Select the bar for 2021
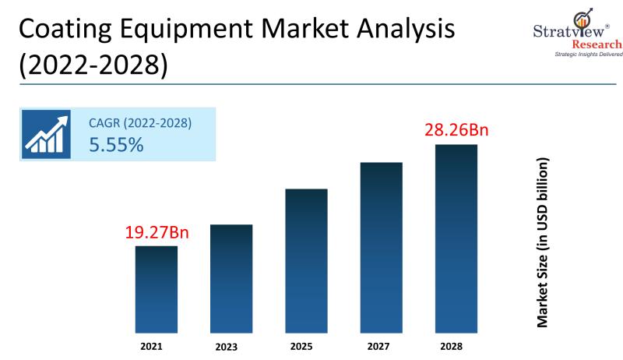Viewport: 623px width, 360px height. pyautogui.click(x=157, y=289)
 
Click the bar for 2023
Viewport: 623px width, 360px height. pyautogui.click(x=231, y=278)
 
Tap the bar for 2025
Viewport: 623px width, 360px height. pyautogui.click(x=306, y=260)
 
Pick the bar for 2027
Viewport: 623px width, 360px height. pyautogui.click(x=381, y=247)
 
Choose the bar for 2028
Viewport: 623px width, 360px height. pyautogui.click(x=456, y=238)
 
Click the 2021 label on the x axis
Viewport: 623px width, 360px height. pyautogui.click(x=157, y=345)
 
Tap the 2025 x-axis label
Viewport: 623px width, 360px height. pyautogui.click(x=306, y=345)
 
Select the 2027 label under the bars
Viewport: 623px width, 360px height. pyautogui.click(x=381, y=345)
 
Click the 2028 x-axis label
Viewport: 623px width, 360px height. pyautogui.click(x=456, y=345)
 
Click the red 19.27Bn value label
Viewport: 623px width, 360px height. pyautogui.click(x=157, y=232)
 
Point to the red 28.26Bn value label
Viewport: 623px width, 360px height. pyautogui.click(x=456, y=130)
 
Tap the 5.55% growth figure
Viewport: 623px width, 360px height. pyautogui.click(x=116, y=144)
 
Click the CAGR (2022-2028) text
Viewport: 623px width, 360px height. pyautogui.click(x=140, y=123)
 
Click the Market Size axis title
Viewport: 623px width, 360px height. pyautogui.click(x=544, y=241)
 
